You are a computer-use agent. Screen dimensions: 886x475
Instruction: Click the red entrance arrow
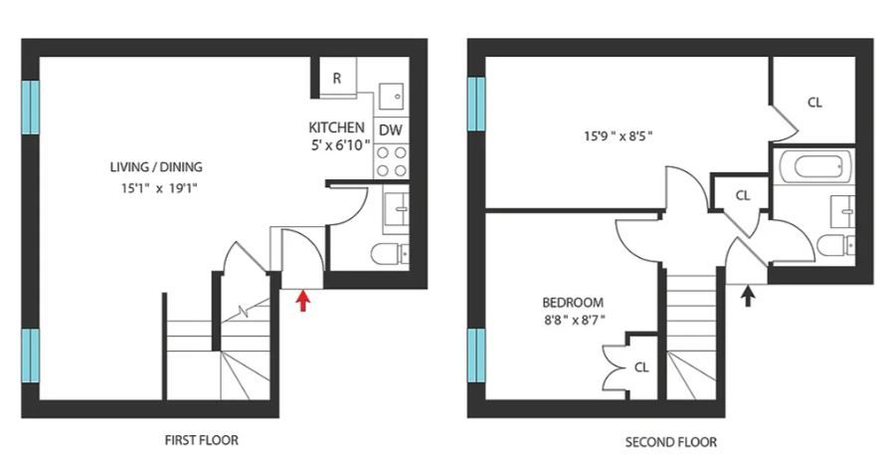(x=303, y=301)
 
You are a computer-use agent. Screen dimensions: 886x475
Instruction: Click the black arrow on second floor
(x=748, y=296)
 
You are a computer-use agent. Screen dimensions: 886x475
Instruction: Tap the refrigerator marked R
(x=337, y=78)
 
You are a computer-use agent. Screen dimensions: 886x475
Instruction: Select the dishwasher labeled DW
(x=391, y=129)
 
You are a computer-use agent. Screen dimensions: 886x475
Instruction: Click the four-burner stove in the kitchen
(x=391, y=160)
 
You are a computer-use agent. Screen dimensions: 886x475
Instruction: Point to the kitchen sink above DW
(x=391, y=97)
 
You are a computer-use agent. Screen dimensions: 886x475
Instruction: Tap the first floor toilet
(x=390, y=254)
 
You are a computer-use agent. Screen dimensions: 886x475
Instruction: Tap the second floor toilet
(x=835, y=245)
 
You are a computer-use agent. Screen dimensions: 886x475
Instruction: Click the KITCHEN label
(x=336, y=126)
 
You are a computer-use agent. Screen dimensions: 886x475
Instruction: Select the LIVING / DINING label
(x=156, y=167)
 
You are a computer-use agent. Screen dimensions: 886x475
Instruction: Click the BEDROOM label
(x=573, y=303)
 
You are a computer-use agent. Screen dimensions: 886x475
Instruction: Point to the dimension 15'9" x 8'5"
(x=619, y=135)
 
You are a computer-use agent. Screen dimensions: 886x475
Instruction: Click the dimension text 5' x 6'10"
(x=341, y=145)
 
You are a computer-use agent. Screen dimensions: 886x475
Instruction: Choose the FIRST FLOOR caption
(x=202, y=440)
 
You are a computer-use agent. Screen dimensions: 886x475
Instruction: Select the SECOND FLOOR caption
(x=671, y=442)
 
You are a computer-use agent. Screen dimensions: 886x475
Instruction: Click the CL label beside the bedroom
(x=641, y=367)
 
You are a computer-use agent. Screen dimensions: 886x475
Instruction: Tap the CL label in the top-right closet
(x=814, y=103)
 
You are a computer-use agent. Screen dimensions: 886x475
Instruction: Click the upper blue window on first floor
(x=31, y=107)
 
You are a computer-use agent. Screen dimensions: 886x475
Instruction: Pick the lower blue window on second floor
(x=476, y=356)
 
